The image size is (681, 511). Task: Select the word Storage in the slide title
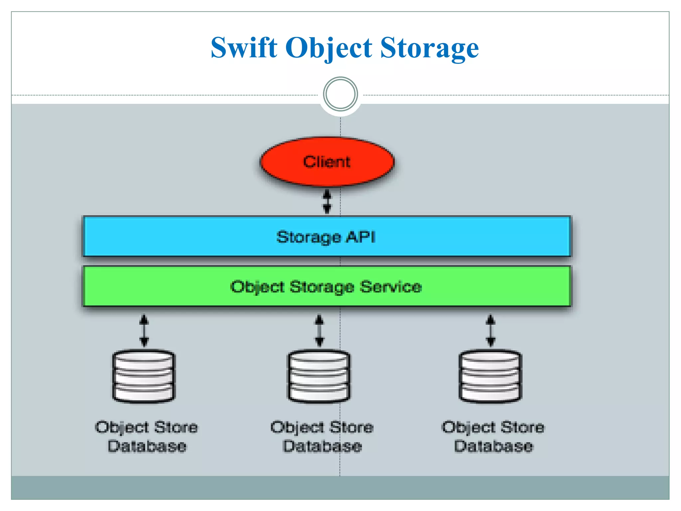[429, 48]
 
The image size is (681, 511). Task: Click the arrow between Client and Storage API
[327, 202]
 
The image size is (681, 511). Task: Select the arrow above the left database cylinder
[144, 331]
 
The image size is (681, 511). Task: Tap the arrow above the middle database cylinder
[319, 331]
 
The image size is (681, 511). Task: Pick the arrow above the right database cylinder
[490, 331]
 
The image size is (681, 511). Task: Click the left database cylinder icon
[144, 376]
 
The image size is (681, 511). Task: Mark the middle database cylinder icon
[319, 376]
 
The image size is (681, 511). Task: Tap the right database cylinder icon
[490, 376]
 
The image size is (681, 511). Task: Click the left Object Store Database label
[147, 436]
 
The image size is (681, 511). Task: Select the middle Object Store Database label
[322, 436]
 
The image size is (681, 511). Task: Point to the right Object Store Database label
[493, 436]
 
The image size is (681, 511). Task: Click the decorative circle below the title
[340, 94]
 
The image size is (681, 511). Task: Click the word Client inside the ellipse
[327, 162]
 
